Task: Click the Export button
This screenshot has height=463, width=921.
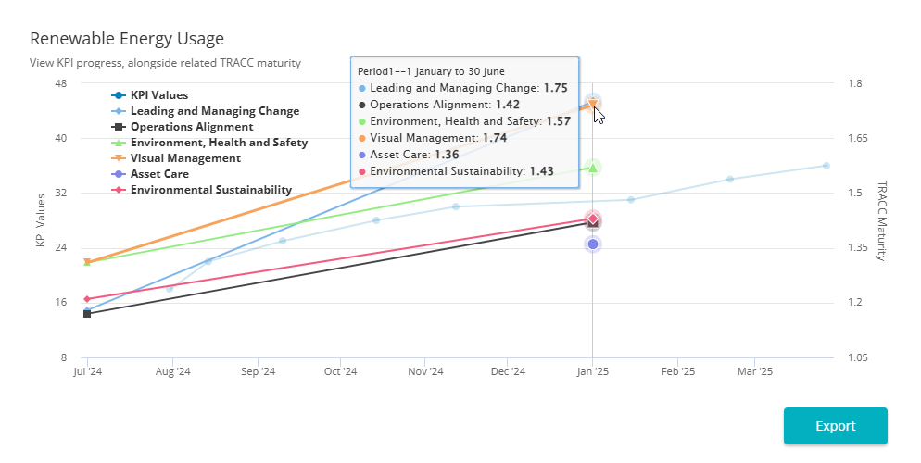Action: [x=835, y=426]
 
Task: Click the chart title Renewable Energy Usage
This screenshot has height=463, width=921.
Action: [x=127, y=39]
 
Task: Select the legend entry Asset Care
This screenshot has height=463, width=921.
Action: [x=159, y=174]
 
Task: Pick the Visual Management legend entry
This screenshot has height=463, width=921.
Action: [x=185, y=158]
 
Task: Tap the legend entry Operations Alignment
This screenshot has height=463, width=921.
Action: [x=191, y=127]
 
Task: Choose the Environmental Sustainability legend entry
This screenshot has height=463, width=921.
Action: [x=210, y=190]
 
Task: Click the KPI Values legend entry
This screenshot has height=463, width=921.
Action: [x=158, y=95]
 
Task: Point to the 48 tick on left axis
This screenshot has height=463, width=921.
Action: [x=61, y=83]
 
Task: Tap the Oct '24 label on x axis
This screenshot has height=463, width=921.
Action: [x=340, y=372]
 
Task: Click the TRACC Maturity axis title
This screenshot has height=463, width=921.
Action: [x=881, y=220]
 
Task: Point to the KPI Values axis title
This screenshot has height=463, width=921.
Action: [x=40, y=220]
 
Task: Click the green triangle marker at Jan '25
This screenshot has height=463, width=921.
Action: [x=593, y=168]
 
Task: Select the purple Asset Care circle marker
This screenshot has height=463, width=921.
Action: [x=593, y=244]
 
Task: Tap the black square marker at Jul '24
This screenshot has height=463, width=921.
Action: [x=87, y=314]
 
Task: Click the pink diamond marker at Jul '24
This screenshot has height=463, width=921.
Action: [x=87, y=299]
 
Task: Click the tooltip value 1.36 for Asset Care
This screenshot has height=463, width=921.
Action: [x=447, y=155]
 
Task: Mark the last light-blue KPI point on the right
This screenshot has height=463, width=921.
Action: [x=826, y=166]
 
